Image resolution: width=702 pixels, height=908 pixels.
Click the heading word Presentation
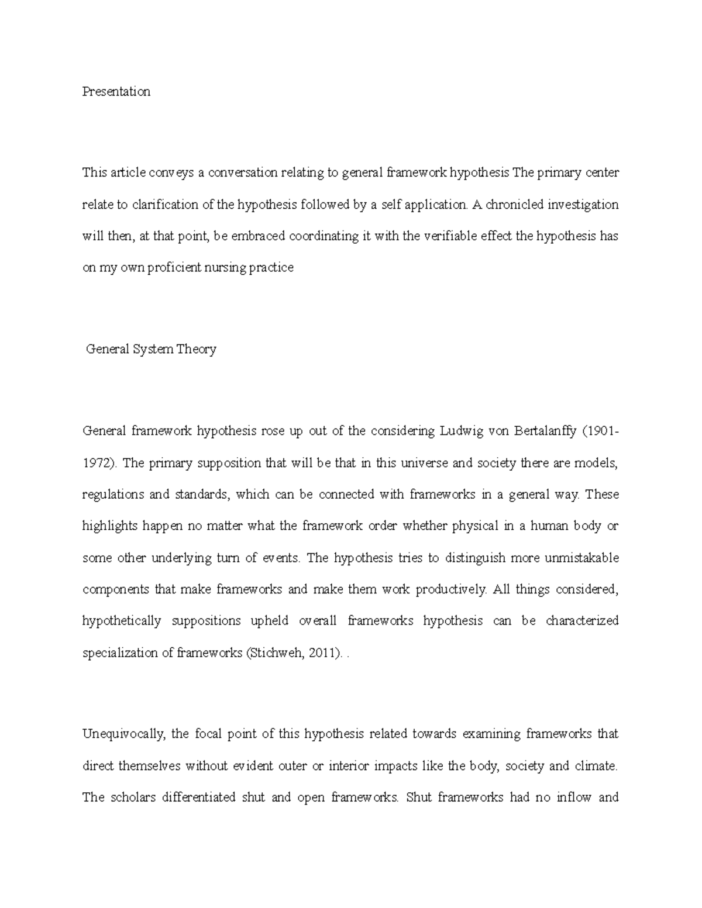[x=116, y=92]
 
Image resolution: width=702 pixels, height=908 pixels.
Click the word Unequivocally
[x=123, y=734]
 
